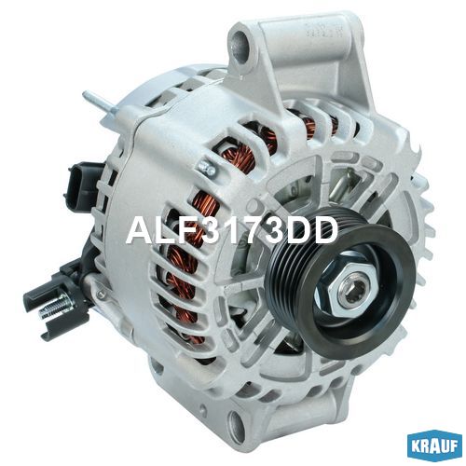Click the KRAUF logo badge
pos(434,445)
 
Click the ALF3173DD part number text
pos(232,230)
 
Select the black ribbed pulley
pos(341,281)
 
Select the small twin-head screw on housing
pos(207,167)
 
